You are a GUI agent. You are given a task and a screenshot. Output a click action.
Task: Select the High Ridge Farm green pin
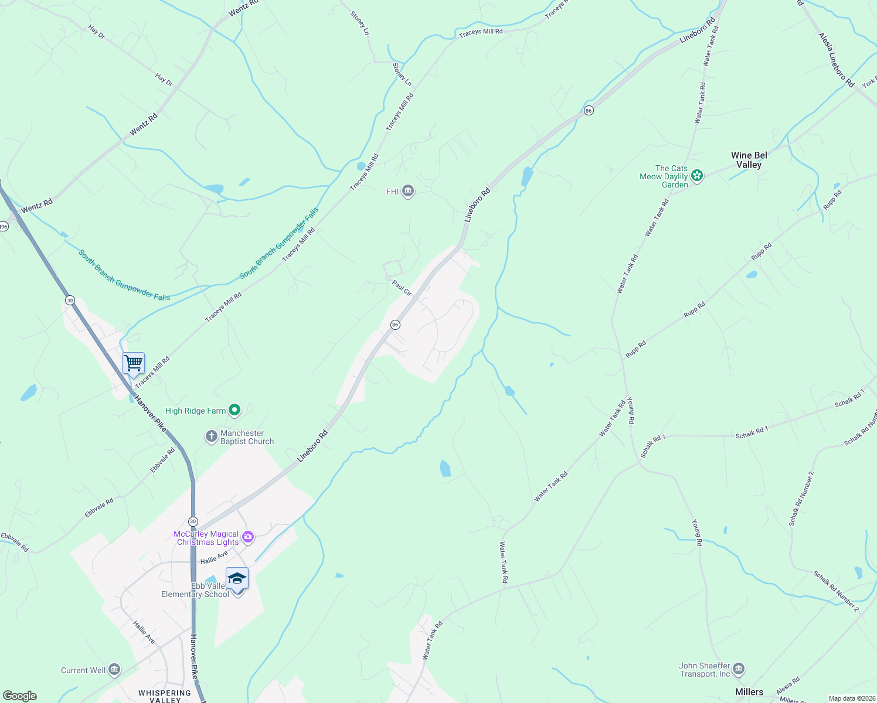coord(234,411)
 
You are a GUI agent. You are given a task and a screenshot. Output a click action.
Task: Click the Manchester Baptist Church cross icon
coord(211,436)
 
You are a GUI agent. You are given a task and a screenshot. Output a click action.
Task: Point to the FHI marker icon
coord(408,192)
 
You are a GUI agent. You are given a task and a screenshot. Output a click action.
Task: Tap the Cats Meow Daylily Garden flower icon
coord(697,175)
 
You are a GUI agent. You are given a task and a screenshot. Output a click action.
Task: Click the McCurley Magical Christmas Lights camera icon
coord(248,537)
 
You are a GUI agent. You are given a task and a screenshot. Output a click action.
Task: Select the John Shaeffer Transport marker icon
coord(739,668)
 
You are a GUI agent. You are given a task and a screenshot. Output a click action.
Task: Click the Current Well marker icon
coord(115,670)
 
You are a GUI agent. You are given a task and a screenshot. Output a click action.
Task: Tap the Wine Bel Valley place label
coord(749,160)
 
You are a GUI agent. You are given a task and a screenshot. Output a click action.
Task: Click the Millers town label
coord(749,692)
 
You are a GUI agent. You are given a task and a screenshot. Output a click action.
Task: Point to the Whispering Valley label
coord(165,696)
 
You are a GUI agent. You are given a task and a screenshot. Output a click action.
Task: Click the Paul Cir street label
coord(402,288)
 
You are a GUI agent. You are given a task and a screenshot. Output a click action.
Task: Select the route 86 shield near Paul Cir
coord(395,325)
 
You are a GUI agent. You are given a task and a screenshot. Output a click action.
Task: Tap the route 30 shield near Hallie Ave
coord(193,521)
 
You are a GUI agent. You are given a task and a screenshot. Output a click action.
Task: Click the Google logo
coord(20,695)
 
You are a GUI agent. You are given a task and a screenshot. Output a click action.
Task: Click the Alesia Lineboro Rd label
coord(836,60)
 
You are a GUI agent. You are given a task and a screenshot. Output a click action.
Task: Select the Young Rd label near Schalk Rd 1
coord(631,410)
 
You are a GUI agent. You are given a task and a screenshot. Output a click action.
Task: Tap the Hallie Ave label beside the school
coord(214,557)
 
